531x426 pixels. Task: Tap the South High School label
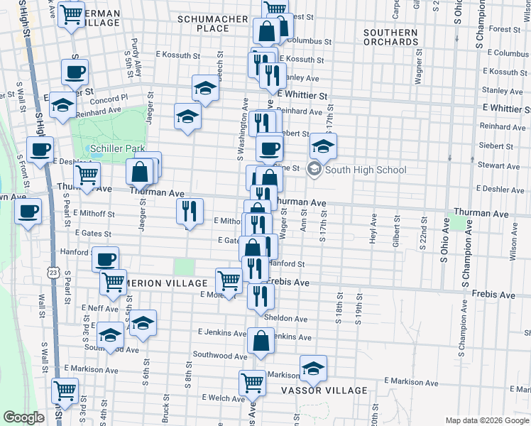point(366,170)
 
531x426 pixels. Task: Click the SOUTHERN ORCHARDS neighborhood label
point(390,38)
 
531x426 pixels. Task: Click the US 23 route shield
point(52,272)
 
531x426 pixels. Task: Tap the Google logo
point(23,417)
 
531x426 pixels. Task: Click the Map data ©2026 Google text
point(486,420)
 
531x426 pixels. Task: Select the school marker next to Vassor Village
point(313,368)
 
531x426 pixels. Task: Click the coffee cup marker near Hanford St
point(106,260)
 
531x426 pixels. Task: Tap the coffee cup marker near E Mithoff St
point(28,211)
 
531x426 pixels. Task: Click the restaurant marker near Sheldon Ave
point(261,295)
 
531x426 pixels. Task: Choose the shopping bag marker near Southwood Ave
point(261,341)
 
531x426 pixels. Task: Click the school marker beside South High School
point(323,147)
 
